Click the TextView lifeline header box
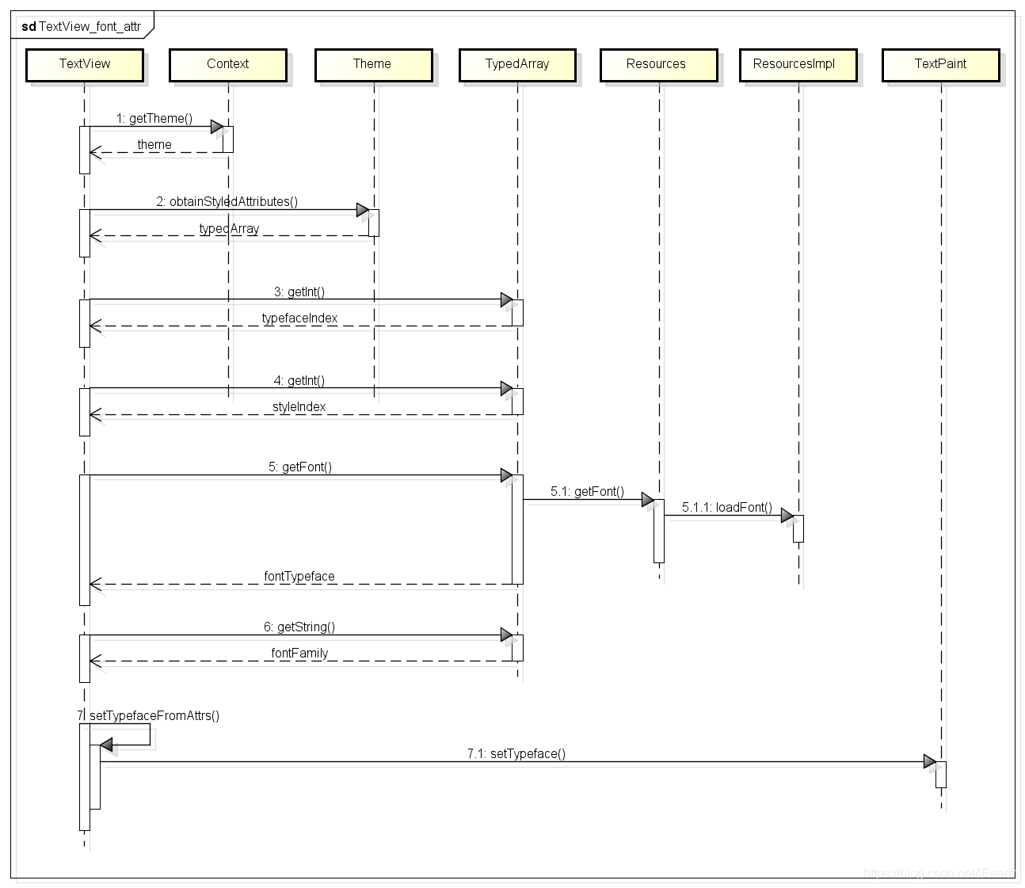click(85, 64)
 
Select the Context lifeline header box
click(227, 64)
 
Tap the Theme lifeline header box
click(372, 64)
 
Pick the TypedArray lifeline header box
click(517, 64)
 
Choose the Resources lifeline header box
click(657, 64)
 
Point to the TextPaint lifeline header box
click(940, 64)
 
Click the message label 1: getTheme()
click(154, 119)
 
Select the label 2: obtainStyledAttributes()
click(227, 202)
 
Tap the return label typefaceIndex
click(299, 318)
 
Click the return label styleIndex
click(299, 407)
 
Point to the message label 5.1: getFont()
click(587, 492)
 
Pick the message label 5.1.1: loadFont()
click(727, 508)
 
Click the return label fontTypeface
click(299, 577)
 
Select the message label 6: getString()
click(299, 627)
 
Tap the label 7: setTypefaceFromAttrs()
click(149, 716)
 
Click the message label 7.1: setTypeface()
click(516, 754)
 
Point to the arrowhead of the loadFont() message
click(787, 516)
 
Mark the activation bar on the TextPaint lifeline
click(941, 775)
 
